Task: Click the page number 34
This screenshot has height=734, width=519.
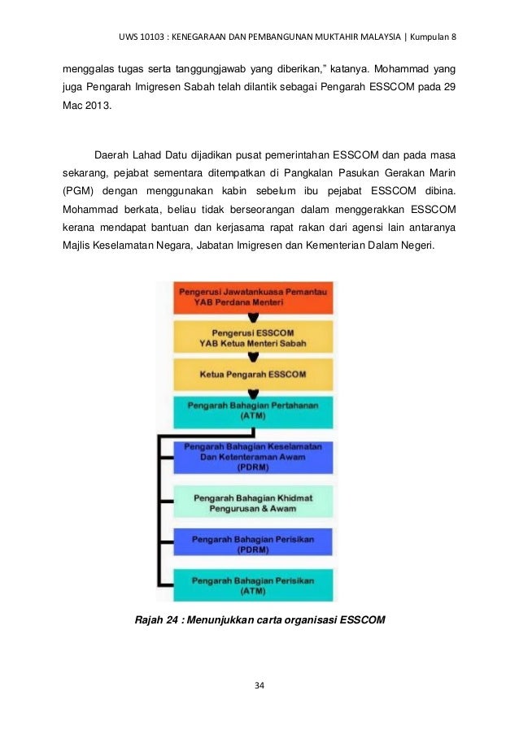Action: pos(259,686)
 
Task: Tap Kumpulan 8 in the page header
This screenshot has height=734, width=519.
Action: pos(434,37)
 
